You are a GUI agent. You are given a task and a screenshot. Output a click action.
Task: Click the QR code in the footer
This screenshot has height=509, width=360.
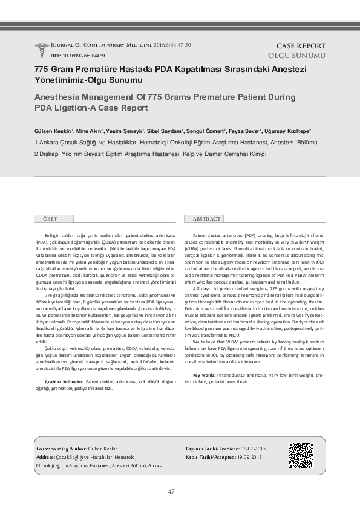(301, 456)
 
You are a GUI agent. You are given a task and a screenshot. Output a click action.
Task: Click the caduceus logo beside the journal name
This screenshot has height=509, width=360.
(42, 50)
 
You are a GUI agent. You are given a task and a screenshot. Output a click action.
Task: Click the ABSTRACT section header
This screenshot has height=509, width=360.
(207, 218)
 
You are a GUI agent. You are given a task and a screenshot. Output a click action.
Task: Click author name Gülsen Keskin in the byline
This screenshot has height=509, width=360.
(53, 131)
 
